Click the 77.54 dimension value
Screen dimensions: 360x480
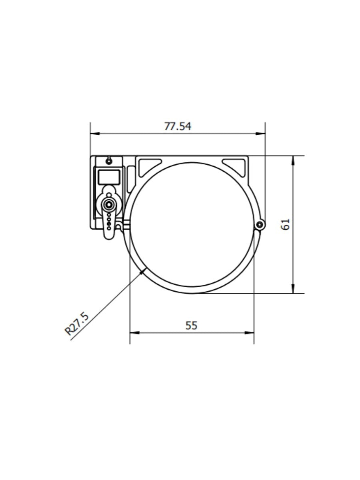click(x=178, y=126)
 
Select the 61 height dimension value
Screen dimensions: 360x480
click(x=285, y=224)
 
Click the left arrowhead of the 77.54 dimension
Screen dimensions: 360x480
click(x=95, y=133)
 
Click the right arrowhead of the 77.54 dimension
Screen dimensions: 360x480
click(x=260, y=133)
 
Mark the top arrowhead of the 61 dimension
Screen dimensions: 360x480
click(x=293, y=161)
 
